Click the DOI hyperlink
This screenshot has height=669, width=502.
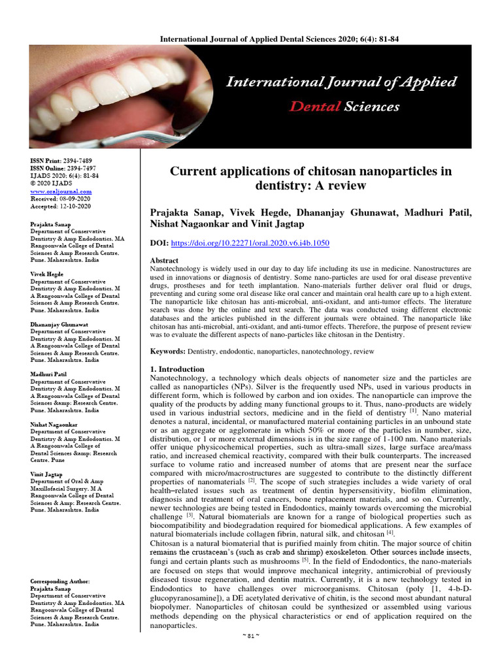click(250, 243)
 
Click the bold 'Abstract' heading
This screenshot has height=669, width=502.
click(165, 260)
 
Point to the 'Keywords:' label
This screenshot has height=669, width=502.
click(168, 351)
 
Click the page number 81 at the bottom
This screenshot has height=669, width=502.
click(250, 655)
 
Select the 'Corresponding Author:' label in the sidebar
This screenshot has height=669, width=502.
click(60, 581)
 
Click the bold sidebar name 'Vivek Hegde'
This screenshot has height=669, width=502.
click(46, 274)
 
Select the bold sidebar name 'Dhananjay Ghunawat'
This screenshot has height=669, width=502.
click(59, 324)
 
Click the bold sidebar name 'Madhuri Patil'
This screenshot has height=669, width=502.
click(49, 374)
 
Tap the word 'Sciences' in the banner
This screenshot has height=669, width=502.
click(373, 106)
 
